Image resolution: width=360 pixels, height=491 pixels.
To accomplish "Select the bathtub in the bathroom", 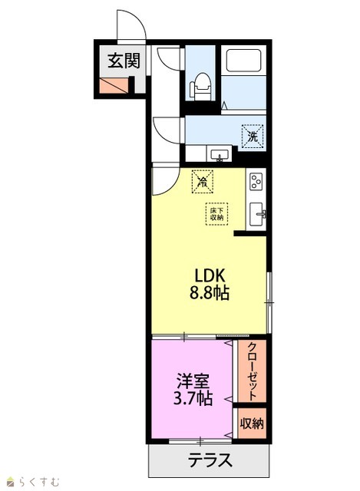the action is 244,60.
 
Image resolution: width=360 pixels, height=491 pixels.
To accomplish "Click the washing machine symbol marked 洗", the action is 253,136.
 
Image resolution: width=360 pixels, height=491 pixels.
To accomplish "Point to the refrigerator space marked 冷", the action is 203,181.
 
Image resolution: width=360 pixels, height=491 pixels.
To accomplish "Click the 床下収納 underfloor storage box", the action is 216,214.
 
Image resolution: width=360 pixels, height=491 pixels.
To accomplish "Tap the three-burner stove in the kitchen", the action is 256,181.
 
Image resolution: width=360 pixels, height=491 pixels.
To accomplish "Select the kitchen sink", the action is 257,214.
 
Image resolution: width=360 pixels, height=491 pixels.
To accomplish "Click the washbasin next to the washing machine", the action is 220,155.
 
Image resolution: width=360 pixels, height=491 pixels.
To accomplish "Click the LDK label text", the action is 210,276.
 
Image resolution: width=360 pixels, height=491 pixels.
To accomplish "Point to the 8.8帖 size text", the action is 209,293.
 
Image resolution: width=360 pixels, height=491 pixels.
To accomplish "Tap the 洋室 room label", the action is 193,381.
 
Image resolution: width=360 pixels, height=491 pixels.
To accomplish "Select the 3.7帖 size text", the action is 193,399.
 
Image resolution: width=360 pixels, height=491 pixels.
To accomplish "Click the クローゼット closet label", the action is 252,371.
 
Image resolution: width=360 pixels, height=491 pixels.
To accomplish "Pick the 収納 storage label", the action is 252,423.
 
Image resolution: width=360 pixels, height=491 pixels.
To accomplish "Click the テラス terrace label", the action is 210,460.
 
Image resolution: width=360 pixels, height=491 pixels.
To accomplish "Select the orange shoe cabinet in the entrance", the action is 114,85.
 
